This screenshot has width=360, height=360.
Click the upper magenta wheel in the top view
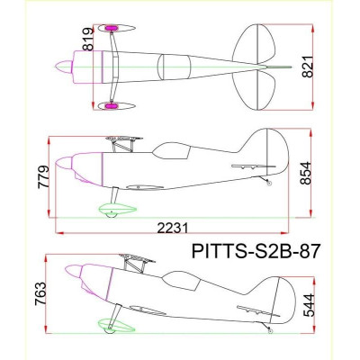tap(113, 29)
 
